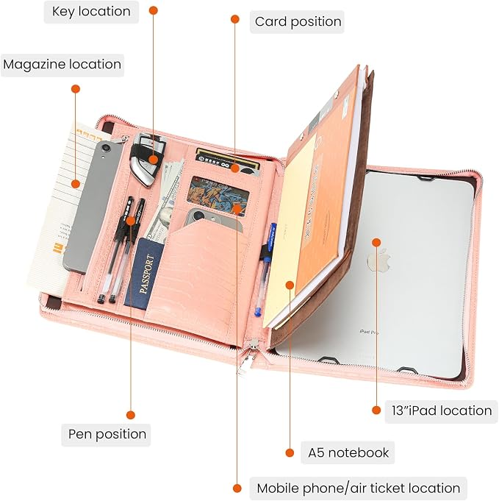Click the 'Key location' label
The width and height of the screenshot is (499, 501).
point(91,12)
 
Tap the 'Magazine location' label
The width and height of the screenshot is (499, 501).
point(62,65)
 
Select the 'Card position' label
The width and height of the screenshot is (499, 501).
point(297,22)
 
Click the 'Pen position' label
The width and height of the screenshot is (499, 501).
point(107,435)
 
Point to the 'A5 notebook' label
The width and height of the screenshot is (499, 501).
point(348,452)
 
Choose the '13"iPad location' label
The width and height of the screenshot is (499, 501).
point(442,411)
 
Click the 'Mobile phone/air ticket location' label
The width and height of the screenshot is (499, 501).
point(358,488)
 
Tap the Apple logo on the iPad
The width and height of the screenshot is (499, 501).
point(379,260)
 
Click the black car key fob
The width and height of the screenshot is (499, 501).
point(147,160)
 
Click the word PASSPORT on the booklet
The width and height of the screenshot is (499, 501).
point(146,274)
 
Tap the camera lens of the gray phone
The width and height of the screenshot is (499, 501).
point(106,147)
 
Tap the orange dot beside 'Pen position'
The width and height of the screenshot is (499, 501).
point(131,415)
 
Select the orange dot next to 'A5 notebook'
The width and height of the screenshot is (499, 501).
point(290,452)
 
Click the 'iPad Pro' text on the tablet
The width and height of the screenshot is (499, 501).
point(369,333)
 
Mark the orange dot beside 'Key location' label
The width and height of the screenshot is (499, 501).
point(154,10)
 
